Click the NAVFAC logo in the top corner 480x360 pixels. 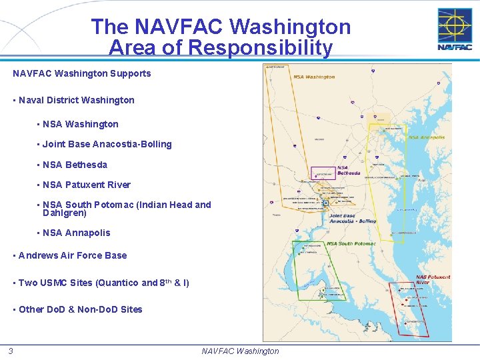(x=455, y=29)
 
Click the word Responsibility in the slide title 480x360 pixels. (x=220, y=48)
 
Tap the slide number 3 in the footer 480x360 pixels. (x=11, y=351)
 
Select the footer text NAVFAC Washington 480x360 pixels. (x=240, y=351)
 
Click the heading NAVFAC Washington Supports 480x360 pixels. (x=82, y=73)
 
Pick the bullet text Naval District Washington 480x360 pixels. (x=77, y=100)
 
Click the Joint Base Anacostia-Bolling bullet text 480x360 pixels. (x=107, y=144)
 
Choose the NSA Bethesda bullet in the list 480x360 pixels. (x=75, y=165)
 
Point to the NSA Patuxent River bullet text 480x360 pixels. (x=87, y=185)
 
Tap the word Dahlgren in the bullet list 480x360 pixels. (x=65, y=213)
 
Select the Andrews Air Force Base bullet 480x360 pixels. (x=73, y=255)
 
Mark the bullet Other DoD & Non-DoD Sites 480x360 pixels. (x=81, y=309)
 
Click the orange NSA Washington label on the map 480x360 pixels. (x=314, y=77)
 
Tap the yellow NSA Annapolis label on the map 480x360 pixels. (x=427, y=137)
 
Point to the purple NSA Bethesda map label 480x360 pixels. (x=348, y=171)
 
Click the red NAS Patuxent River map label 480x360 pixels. (x=433, y=279)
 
